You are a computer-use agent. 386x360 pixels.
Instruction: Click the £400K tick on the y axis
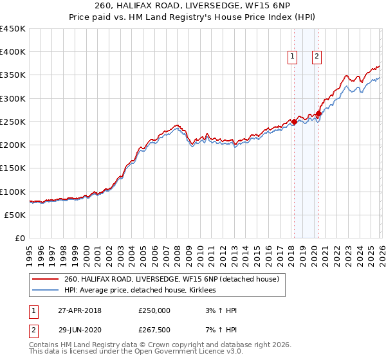coord(13,52)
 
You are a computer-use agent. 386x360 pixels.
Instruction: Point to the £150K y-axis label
coord(13,168)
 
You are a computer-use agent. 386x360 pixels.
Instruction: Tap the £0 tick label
coord(20,239)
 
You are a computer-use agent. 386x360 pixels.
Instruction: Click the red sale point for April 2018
coord(294,122)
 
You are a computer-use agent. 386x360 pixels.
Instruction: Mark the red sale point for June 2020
coord(318,114)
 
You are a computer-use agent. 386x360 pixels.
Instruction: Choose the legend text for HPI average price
coord(140,291)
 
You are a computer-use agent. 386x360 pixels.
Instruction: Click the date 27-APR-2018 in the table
coord(78,310)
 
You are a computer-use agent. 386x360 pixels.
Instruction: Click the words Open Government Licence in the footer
coord(163,352)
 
